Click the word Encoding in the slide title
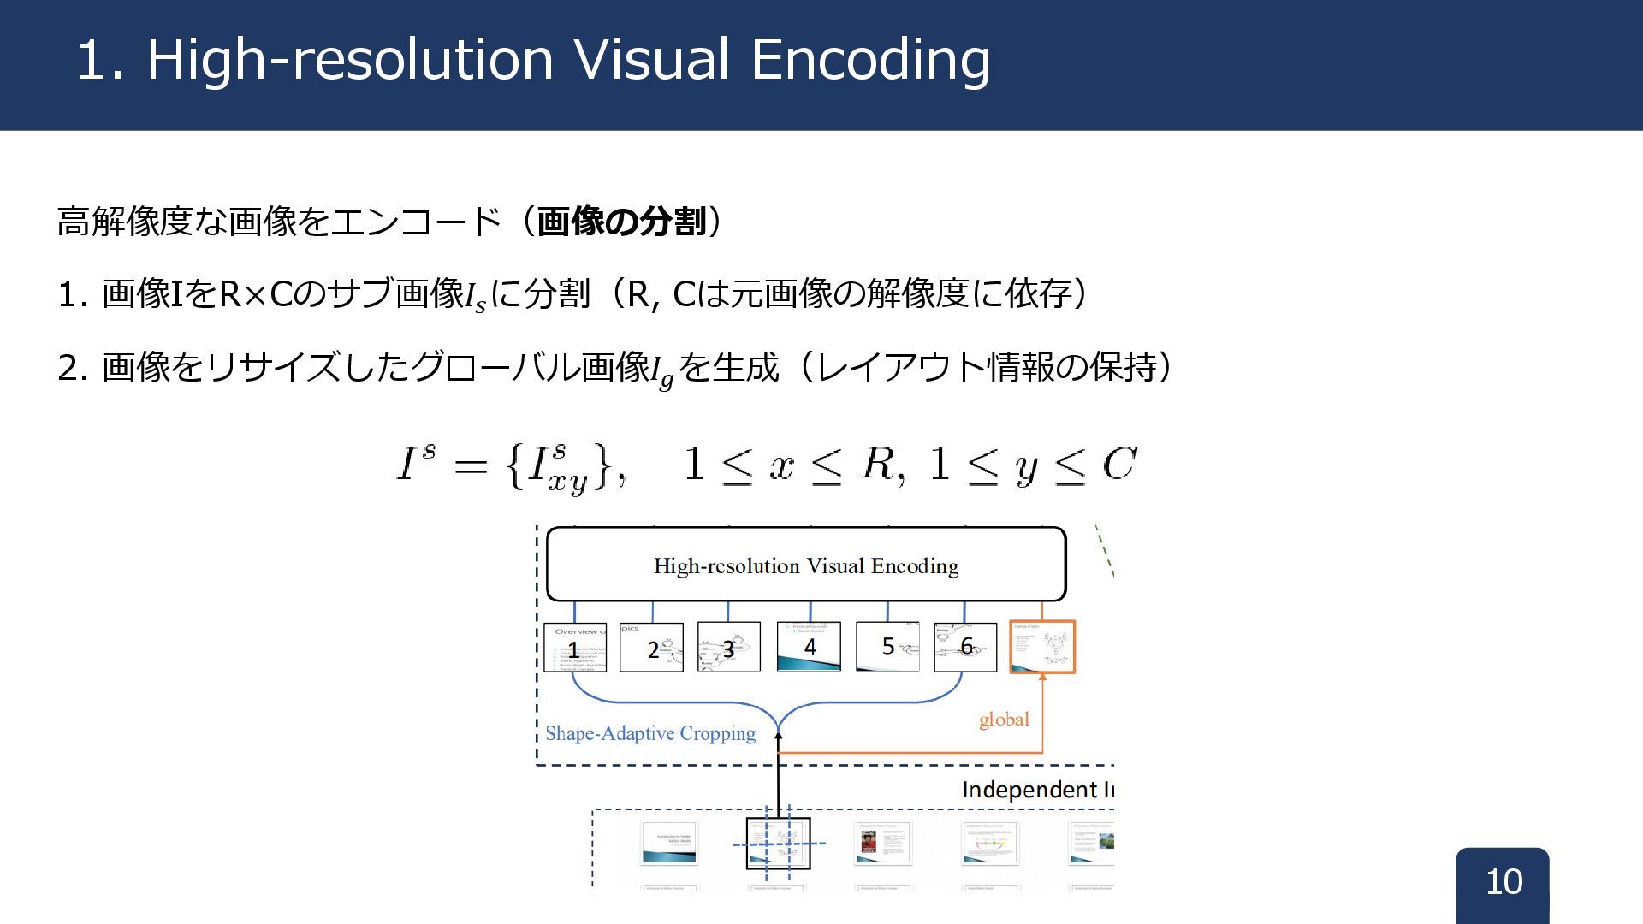pyautogui.click(x=870, y=60)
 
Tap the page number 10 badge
pyautogui.click(x=1503, y=882)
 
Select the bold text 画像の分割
pyautogui.click(x=621, y=222)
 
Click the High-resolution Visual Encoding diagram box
pyautogui.click(x=805, y=565)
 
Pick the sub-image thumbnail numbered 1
pyautogui.click(x=575, y=648)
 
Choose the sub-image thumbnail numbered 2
pyautogui.click(x=651, y=648)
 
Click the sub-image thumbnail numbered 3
pyautogui.click(x=728, y=648)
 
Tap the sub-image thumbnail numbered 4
pyautogui.click(x=809, y=646)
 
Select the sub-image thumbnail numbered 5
pyautogui.click(x=887, y=647)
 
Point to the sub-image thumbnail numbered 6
pyautogui.click(x=965, y=647)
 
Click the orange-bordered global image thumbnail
pyautogui.click(x=1042, y=647)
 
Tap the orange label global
pyautogui.click(x=1004, y=720)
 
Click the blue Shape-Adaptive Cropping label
pyautogui.click(x=650, y=733)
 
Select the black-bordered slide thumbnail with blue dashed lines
pyautogui.click(x=778, y=844)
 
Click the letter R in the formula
pyautogui.click(x=877, y=465)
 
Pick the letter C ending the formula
pyautogui.click(x=1119, y=465)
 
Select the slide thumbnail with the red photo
pyautogui.click(x=883, y=844)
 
